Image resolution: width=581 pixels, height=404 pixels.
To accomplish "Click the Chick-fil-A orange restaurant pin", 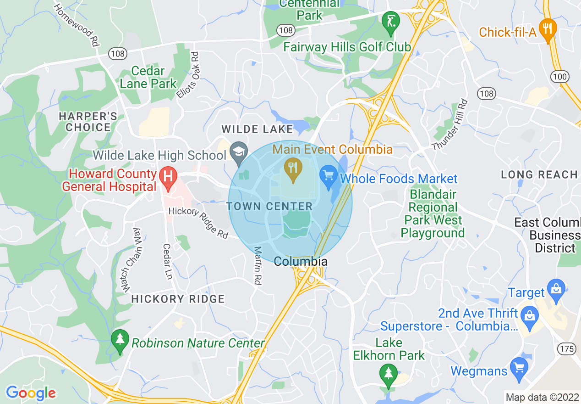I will pos(548,30).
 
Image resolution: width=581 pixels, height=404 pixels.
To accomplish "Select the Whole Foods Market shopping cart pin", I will pos(328,177).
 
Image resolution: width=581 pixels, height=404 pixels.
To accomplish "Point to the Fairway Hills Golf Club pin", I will pos(391,21).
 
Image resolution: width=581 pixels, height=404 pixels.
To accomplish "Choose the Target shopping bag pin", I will pos(557,290).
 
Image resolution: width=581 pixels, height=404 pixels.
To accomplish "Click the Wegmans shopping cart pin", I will pos(519,369).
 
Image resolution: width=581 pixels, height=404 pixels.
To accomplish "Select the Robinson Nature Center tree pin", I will pos(120,341).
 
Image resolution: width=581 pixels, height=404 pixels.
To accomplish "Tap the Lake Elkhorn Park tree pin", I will pos(389,374).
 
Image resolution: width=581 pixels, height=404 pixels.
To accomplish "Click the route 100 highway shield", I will pos(560,77).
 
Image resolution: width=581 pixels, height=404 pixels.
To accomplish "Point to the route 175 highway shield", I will pos(567,349).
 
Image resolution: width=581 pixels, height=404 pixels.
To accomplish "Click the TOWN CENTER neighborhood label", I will pos(269,206).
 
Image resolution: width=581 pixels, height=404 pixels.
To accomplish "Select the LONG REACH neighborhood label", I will pos(539,174).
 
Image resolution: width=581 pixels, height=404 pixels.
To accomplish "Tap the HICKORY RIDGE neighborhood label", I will pos(178,299).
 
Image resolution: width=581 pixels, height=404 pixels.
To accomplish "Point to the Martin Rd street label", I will pos(258,266).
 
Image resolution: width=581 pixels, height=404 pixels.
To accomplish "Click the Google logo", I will pos(31,393).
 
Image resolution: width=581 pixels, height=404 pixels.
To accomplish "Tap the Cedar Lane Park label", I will pos(148,78).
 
